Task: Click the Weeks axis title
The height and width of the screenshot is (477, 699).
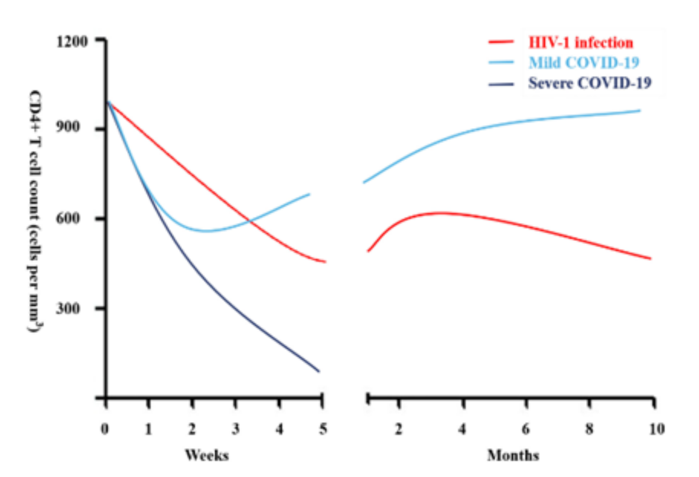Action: point(206,456)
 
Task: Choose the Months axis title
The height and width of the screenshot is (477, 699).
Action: point(513,456)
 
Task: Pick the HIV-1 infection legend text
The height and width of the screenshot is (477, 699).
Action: point(580,42)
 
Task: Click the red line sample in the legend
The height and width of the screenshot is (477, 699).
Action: point(503,42)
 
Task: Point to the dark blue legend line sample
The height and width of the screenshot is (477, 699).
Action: point(503,82)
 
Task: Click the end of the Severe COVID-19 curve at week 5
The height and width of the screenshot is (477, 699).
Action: point(319,371)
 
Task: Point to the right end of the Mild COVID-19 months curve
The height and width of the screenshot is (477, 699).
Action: point(639,110)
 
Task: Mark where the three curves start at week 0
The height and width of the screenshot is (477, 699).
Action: point(107,100)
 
